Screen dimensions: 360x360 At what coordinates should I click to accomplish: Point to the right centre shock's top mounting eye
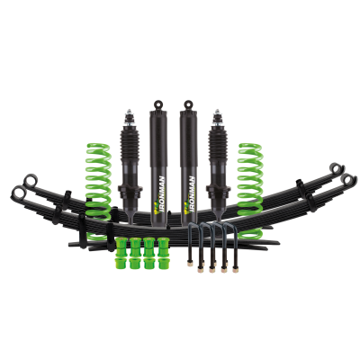click(191, 104)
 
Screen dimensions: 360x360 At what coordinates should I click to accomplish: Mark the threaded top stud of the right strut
click(216, 112)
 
